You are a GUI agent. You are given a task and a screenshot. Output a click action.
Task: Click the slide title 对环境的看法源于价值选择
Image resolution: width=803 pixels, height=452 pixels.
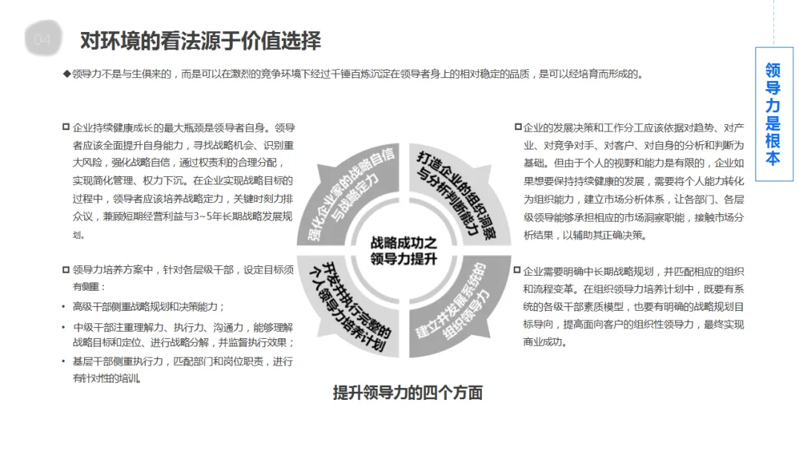(200, 40)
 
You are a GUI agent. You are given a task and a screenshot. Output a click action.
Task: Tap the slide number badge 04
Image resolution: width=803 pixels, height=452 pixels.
(43, 39)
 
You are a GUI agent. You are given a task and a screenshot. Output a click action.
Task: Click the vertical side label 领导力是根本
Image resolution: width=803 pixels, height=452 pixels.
(773, 114)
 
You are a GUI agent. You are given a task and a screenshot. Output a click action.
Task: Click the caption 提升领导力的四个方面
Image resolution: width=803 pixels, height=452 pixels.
(407, 393)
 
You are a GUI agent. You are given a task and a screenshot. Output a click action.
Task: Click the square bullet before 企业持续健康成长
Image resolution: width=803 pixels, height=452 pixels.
(66, 127)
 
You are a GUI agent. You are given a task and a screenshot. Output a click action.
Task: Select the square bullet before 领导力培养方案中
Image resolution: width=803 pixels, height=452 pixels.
(66, 269)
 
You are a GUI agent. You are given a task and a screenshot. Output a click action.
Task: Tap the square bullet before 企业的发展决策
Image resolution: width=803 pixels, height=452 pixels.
(518, 127)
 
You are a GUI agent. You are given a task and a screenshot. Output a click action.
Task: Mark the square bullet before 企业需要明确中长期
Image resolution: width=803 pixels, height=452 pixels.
(518, 270)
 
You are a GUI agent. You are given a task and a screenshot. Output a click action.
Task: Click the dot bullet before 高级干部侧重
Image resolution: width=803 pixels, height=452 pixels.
(65, 307)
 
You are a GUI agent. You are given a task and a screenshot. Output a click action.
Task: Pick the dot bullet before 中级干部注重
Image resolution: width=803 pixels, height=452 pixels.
(65, 327)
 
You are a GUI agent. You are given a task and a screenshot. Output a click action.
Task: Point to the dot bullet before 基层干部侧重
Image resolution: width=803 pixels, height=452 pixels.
(65, 362)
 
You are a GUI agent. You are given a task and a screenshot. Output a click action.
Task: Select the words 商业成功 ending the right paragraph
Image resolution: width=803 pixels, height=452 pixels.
(545, 342)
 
